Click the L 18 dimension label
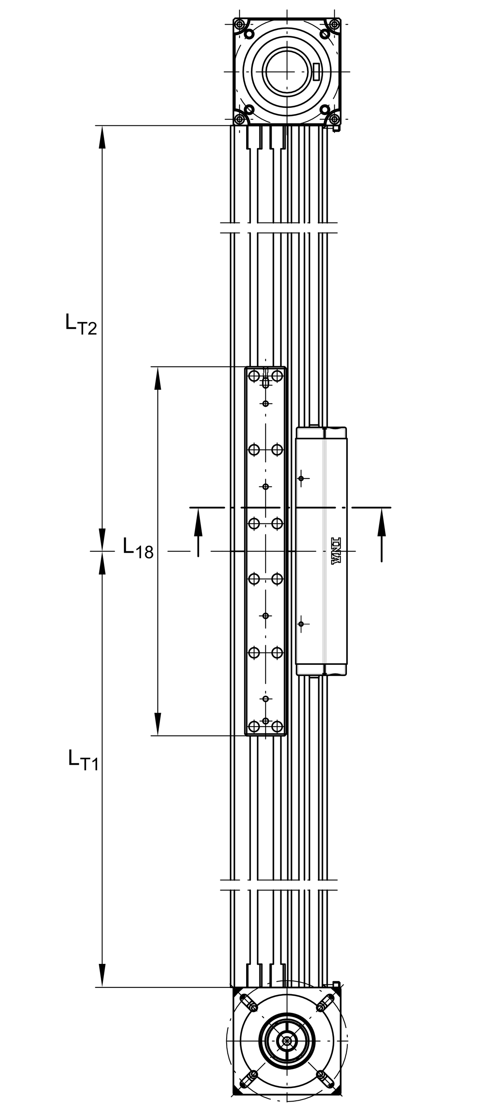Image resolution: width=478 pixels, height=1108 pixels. click(138, 548)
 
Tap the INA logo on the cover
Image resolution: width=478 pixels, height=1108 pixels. click(335, 551)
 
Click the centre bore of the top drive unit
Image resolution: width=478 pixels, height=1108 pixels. click(287, 71)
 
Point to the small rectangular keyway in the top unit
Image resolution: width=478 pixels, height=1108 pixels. click(317, 71)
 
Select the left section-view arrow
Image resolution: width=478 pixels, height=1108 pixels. click(198, 531)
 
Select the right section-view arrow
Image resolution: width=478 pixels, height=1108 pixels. click(382, 533)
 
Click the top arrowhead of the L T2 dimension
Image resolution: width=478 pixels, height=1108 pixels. click(102, 138)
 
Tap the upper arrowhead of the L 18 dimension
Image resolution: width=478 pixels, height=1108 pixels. click(158, 379)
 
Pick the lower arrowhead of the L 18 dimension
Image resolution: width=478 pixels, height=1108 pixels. click(158, 723)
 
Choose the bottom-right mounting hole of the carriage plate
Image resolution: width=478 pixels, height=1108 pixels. click(277, 727)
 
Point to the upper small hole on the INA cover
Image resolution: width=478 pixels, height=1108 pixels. click(301, 478)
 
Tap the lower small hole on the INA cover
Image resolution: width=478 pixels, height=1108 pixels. click(301, 624)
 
